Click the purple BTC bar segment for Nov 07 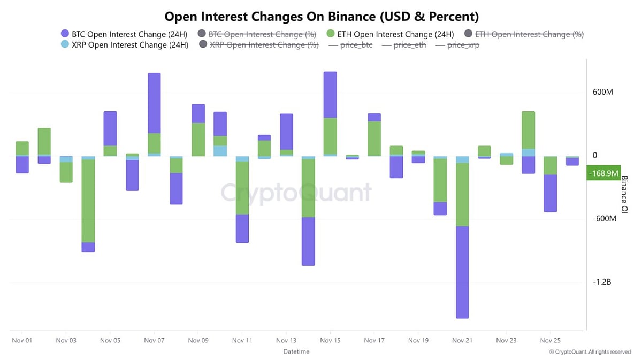(x=154, y=103)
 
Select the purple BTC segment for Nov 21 (x=462, y=272)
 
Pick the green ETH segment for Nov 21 (x=462, y=194)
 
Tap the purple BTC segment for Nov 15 (x=330, y=95)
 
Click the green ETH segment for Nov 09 (x=198, y=139)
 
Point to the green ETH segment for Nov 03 (x=66, y=172)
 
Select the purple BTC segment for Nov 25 (x=550, y=193)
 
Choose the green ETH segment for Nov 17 (x=374, y=139)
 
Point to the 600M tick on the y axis (x=602, y=92)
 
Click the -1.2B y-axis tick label (x=602, y=282)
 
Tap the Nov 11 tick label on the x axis (x=242, y=340)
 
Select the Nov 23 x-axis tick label (x=506, y=340)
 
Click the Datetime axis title (x=296, y=351)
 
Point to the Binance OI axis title (x=624, y=195)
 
